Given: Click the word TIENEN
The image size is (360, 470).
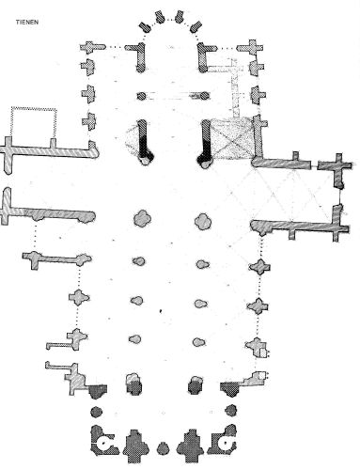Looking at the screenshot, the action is [x=27, y=23].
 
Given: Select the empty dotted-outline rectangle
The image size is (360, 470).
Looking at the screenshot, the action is [x=34, y=108].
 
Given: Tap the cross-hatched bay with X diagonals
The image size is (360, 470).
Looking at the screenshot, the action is [x=232, y=138].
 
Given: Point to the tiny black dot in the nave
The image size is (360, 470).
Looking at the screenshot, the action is [x=161, y=311].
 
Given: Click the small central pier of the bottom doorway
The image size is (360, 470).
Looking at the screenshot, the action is [x=163, y=447].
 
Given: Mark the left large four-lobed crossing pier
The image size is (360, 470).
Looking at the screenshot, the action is [x=142, y=218].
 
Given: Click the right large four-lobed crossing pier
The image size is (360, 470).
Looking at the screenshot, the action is [x=203, y=221].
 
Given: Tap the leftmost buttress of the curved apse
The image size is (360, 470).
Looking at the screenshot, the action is [x=145, y=26].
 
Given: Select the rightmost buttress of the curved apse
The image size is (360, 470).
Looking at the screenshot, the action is [x=196, y=26].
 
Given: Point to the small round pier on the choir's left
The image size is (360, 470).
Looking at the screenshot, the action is [x=141, y=96].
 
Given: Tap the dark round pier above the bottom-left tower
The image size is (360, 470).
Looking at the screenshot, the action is [x=97, y=412].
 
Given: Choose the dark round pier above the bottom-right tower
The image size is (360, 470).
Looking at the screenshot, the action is [x=231, y=410].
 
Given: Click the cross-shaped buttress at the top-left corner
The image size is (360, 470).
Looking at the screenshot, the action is [x=91, y=47].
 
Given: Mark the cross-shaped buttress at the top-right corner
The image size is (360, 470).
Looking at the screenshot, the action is [x=251, y=48].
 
